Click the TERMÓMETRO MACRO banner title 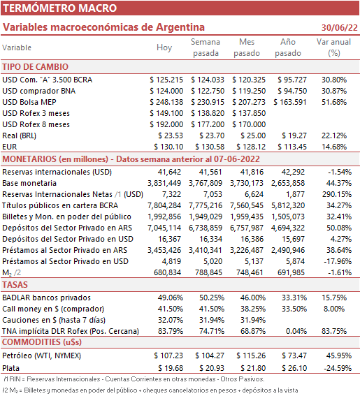[x=59, y=8]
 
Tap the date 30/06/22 [x=340, y=27]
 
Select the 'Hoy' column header [x=164, y=47]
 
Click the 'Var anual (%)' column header [x=333, y=47]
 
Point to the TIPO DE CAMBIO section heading [x=36, y=67]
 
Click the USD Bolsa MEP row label [x=29, y=102]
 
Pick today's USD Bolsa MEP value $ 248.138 [x=166, y=102]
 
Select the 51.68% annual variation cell [x=334, y=102]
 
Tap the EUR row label [x=10, y=147]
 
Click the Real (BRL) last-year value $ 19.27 [x=294, y=135]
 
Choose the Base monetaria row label [x=29, y=183]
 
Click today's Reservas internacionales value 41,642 [x=169, y=172]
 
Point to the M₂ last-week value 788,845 [x=208, y=272]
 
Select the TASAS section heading [x=15, y=285]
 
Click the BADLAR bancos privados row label [x=47, y=298]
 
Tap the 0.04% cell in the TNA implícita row [x=296, y=331]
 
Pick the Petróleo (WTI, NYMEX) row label [x=42, y=355]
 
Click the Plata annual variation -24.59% [x=338, y=368]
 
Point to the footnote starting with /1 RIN [x=134, y=379]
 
